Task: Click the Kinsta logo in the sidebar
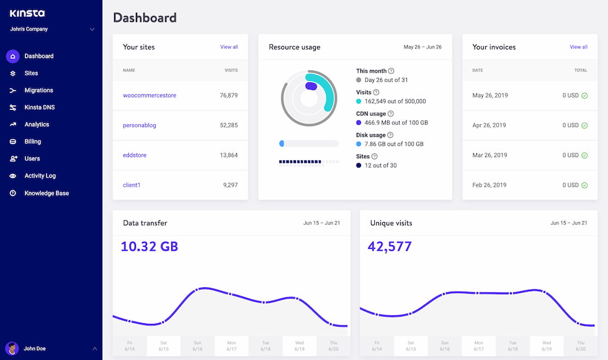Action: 27,13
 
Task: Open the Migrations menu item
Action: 38,90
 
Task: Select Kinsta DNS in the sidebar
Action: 39,107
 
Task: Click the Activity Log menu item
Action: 40,176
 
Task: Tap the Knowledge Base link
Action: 47,193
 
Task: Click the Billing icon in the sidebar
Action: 12,142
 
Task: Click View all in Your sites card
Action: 229,47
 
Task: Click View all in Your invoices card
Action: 578,47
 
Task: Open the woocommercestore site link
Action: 150,96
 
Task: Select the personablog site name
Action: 140,125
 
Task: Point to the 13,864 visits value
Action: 228,155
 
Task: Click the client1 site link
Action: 132,185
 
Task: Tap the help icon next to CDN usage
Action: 390,114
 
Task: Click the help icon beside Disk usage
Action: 390,135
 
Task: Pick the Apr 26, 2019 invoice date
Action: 490,125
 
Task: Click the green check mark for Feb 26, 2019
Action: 584,185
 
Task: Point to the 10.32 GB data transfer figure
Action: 149,246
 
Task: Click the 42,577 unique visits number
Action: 390,246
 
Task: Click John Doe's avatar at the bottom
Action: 12,348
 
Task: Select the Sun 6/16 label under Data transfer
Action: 197,346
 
